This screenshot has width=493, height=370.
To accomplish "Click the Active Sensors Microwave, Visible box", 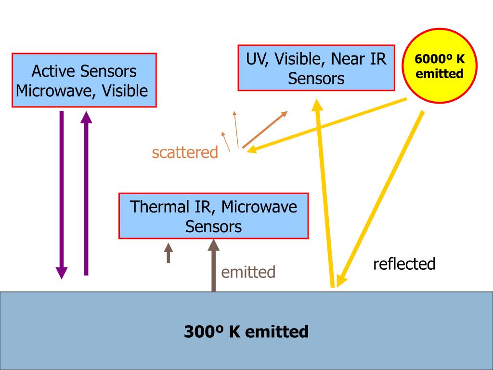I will coord(84,80).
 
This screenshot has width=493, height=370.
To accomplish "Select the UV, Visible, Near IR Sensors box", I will coord(316,67).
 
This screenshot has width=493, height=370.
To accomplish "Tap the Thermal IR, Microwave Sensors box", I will coord(213,216).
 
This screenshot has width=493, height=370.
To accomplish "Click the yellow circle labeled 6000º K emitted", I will coord(440,67).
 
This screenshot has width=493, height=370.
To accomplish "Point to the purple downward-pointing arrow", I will coord(62,193).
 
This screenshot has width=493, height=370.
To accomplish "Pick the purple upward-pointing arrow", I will coord(86,193).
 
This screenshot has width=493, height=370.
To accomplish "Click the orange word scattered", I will coord(185,152).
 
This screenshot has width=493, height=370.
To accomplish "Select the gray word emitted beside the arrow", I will coord(248,272).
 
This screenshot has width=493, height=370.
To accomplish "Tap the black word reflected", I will coord(404,264).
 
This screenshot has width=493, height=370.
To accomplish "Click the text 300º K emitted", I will coord(246,331).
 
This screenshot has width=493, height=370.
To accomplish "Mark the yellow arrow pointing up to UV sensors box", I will coord(324,193).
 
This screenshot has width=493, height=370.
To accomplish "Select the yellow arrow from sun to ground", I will coord(380,198).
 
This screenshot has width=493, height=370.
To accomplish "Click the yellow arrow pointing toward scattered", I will coord(327,125).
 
